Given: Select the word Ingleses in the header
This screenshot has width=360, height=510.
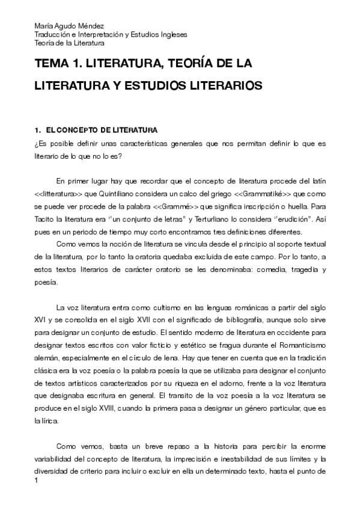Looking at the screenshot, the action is (169, 35).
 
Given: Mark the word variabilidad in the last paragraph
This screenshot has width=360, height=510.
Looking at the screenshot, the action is (55, 460).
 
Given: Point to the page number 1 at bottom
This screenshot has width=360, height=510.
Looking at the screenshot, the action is (37, 481).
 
